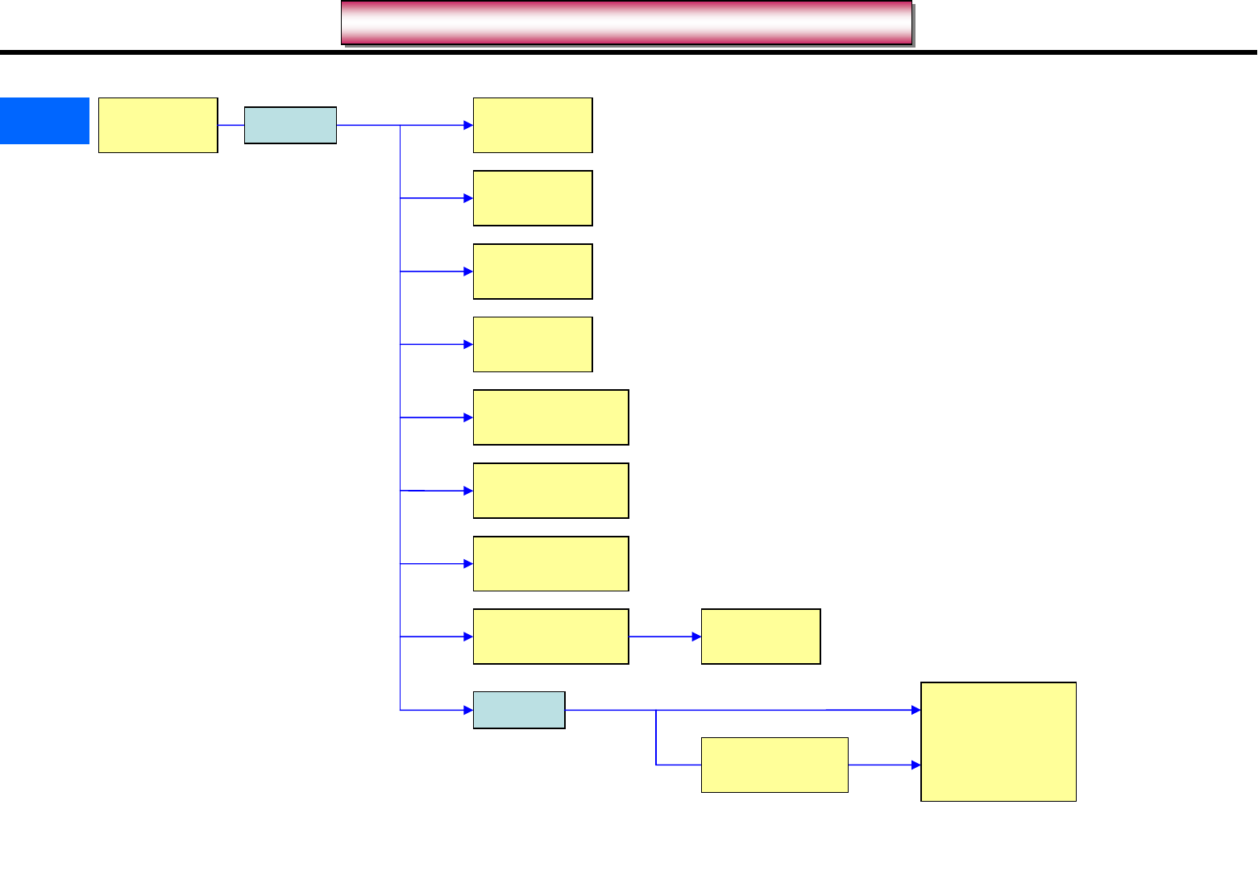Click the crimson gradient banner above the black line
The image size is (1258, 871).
pos(626,23)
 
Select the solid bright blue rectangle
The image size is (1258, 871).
pos(44,121)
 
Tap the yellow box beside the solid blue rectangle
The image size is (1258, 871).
pos(158,126)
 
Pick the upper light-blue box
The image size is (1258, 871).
pos(290,126)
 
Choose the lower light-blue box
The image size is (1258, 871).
pos(519,710)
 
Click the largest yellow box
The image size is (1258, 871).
pos(999,742)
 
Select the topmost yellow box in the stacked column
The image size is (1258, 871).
pos(533,126)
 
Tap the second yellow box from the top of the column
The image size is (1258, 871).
pos(533,198)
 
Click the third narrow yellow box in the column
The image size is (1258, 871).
pos(533,272)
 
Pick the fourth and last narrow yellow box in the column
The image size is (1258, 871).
pos(533,345)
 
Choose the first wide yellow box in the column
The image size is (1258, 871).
pos(550,417)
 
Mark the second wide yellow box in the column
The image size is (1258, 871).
pos(550,491)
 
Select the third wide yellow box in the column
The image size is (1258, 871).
pos(550,564)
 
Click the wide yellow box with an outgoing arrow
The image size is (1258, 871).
pos(550,637)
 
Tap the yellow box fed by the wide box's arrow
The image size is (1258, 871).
pos(761,637)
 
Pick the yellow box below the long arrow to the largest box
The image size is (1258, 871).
pos(774,765)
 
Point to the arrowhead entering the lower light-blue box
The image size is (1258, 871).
pos(468,710)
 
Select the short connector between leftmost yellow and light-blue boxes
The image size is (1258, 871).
pos(231,126)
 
